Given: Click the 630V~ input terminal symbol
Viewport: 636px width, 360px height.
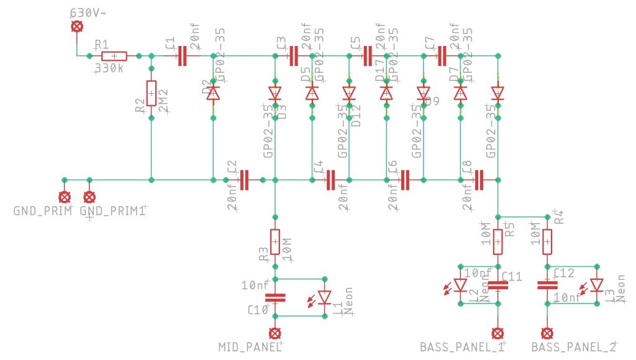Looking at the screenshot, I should (77, 26).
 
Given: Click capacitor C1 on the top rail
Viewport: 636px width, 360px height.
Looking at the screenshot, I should (181, 56).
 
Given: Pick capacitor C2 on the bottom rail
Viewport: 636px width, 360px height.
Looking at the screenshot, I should (244, 180).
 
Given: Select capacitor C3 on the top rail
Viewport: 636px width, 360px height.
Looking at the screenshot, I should (293, 56).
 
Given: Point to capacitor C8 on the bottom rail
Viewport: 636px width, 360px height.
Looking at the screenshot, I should (479, 180).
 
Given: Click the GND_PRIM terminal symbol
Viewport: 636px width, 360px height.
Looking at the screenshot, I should (64, 197).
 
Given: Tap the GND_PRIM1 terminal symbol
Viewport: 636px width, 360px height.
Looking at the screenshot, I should (89, 197).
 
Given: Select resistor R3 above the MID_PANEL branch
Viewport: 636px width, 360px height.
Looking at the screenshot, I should (275, 241).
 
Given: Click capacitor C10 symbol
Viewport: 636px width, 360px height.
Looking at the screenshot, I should (275, 297).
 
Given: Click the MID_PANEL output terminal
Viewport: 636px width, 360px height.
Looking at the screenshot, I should (275, 333).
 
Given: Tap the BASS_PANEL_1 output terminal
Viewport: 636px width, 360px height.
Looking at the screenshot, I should (497, 333).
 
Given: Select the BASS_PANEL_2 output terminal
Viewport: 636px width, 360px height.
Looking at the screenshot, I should (547, 333).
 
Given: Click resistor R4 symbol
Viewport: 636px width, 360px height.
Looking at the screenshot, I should (547, 241).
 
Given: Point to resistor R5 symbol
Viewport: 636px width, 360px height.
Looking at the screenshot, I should (497, 241).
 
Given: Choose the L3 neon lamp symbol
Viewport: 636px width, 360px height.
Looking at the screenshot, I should (597, 285).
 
